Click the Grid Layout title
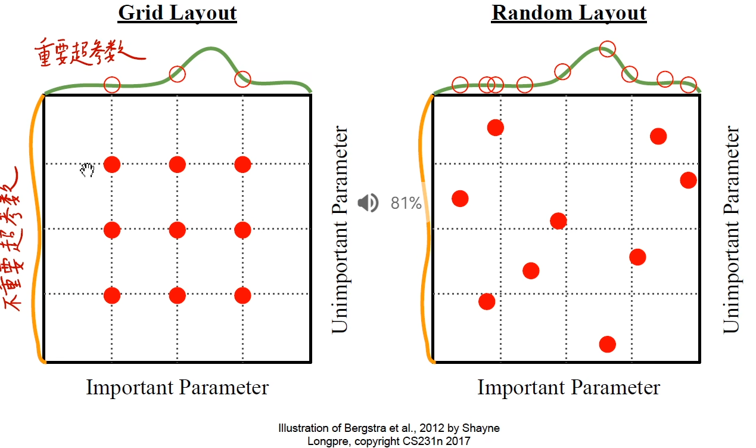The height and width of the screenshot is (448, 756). click(177, 13)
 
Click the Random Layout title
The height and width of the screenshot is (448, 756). click(569, 13)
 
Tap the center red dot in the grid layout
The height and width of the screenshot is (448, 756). click(177, 230)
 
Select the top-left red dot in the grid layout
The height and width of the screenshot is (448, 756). click(112, 164)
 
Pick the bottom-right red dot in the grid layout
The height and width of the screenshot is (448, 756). click(242, 295)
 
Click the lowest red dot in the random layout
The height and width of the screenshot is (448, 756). click(607, 344)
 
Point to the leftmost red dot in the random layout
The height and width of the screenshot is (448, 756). click(460, 199)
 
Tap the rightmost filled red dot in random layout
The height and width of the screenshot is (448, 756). click(688, 180)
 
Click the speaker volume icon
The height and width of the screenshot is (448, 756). click(368, 203)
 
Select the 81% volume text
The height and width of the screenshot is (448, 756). click(406, 203)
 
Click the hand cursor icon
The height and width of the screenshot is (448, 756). click(88, 171)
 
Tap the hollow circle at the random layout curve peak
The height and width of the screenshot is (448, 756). click(607, 49)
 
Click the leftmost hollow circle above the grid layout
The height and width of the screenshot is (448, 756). click(112, 84)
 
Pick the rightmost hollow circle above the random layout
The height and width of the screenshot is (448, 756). click(688, 85)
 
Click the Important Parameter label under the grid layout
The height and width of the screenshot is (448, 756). click(178, 388)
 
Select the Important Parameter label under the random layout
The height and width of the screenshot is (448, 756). click(569, 388)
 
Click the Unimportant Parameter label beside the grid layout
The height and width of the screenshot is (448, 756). click(339, 229)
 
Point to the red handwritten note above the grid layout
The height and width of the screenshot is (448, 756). click(89, 52)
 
